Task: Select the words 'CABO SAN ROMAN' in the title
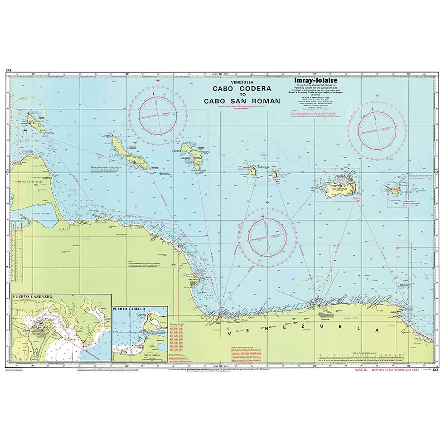[242, 101]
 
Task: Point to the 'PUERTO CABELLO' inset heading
[129, 309]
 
